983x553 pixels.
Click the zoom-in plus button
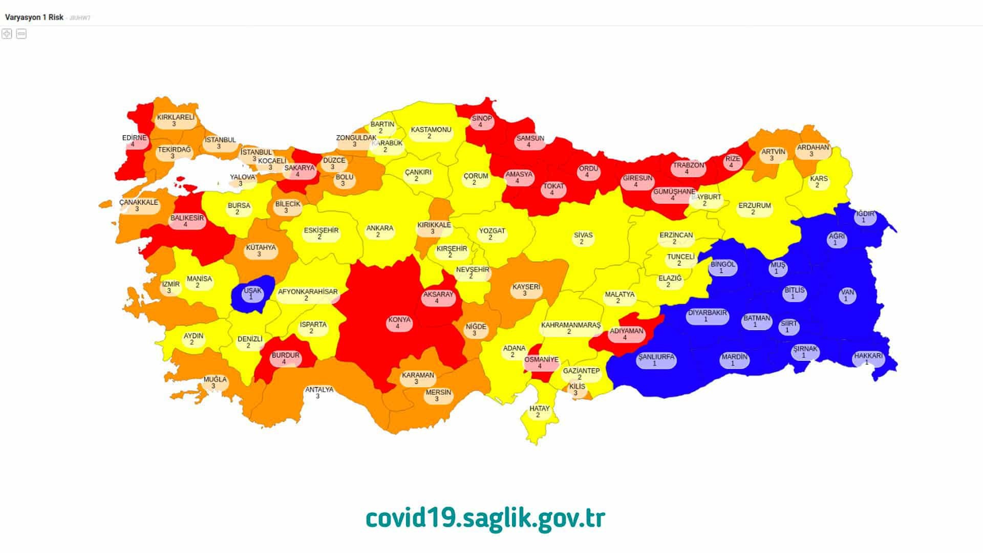pos(7,34)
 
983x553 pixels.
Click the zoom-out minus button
pos(22,34)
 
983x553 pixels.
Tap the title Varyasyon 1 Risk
pos(34,17)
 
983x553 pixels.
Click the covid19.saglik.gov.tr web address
pos(485,518)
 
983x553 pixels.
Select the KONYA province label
pos(399,323)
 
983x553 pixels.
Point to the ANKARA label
pos(379,231)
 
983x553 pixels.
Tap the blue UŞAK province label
pos(252,293)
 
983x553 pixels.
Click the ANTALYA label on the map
pos(319,393)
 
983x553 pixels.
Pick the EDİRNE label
pos(134,141)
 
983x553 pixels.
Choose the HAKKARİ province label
pos(868,358)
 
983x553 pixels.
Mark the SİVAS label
pos(583,238)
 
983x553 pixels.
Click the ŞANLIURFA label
pos(656,360)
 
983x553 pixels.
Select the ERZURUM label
pos(754,208)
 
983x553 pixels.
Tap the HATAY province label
pos(539,412)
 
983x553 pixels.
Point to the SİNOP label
pos(481,121)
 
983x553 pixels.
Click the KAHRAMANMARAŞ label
pos(570,328)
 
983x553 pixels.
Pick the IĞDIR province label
pos(865,217)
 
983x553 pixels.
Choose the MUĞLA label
pos(215,382)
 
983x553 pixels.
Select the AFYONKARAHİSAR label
pos(307,295)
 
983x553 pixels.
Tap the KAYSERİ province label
pos(526,290)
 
